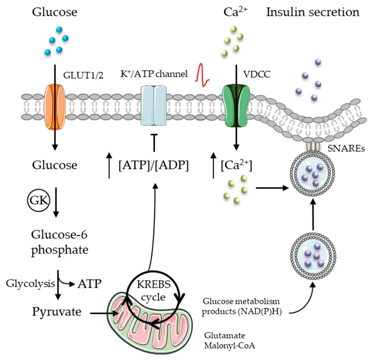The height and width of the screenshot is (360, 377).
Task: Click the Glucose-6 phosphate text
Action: (59, 242)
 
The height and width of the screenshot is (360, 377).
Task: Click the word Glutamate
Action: (222, 335)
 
